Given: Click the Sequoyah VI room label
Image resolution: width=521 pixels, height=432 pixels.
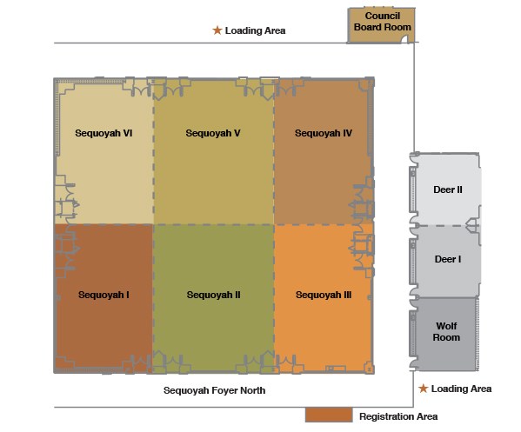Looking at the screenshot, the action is [x=104, y=133].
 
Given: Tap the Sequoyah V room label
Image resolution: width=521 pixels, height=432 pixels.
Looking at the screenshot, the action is [x=213, y=133].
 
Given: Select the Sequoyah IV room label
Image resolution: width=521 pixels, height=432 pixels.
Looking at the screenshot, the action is [x=324, y=133].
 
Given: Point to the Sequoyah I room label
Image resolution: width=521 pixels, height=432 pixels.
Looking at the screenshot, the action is [x=104, y=295].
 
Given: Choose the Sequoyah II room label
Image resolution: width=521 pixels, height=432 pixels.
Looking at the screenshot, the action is [x=213, y=295].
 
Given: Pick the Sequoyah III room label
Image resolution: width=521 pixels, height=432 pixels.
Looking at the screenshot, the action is [x=324, y=295].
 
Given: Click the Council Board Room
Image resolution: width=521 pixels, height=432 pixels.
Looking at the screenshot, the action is [x=381, y=25].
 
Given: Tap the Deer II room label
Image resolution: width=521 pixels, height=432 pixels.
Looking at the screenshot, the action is [x=448, y=189].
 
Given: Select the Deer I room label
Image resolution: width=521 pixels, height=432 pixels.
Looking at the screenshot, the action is [x=448, y=259].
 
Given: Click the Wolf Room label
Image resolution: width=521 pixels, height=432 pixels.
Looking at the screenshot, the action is [x=446, y=332].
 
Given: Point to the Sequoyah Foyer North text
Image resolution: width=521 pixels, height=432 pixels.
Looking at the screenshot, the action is [x=214, y=390].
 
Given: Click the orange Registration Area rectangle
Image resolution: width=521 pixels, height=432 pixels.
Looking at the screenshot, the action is [x=329, y=415].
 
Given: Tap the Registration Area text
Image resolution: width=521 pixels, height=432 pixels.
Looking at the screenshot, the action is [x=398, y=416].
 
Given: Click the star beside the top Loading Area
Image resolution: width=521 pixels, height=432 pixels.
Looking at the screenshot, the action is [x=217, y=30].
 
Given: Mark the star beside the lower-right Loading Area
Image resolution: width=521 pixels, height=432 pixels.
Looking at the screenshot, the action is [x=423, y=389].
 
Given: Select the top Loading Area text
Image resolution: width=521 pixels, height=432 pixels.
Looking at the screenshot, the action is [x=255, y=30].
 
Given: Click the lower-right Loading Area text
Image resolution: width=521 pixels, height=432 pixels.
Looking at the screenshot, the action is [x=461, y=389].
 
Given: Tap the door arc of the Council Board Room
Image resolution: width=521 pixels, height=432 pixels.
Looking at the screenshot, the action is [x=404, y=39].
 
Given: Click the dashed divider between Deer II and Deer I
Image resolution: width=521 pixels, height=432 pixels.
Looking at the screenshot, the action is [x=441, y=225].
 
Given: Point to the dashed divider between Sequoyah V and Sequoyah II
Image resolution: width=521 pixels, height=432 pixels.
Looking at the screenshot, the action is [x=214, y=225].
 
